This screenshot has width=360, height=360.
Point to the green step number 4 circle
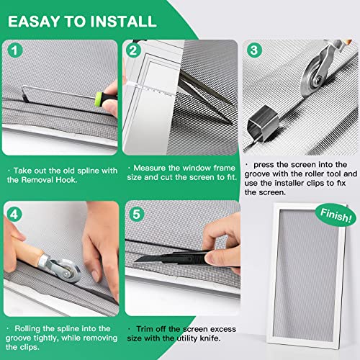[15, 214]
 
